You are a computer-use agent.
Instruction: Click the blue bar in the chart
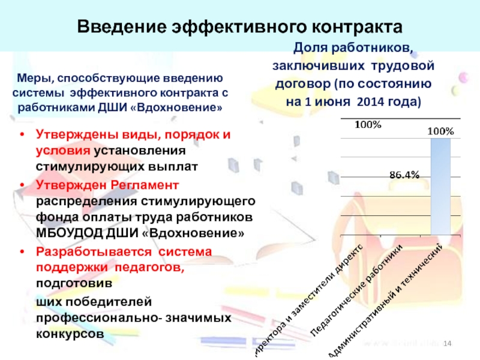pyautogui.click(x=440, y=186)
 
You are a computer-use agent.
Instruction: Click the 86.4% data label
pyautogui.click(x=404, y=175)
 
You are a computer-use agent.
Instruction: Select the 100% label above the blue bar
pyautogui.click(x=440, y=130)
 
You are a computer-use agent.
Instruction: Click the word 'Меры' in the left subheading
pyautogui.click(x=32, y=78)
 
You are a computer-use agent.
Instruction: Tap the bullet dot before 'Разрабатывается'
pyautogui.click(x=22, y=251)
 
